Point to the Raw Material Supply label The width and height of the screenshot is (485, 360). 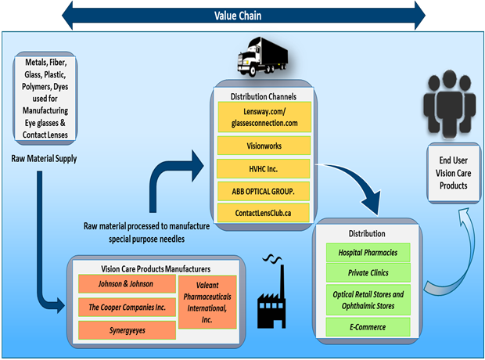click(x=49, y=157)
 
